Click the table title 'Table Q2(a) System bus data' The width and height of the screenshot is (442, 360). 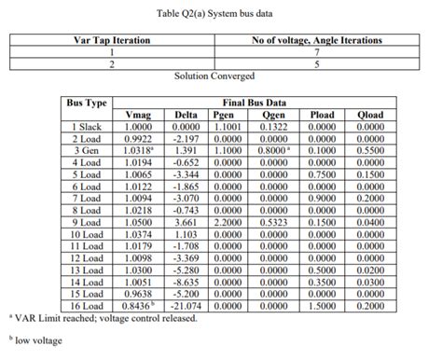click(x=221, y=10)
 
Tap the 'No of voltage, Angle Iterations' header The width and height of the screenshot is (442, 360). click(x=316, y=40)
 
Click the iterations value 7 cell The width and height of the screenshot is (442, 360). click(x=316, y=52)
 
